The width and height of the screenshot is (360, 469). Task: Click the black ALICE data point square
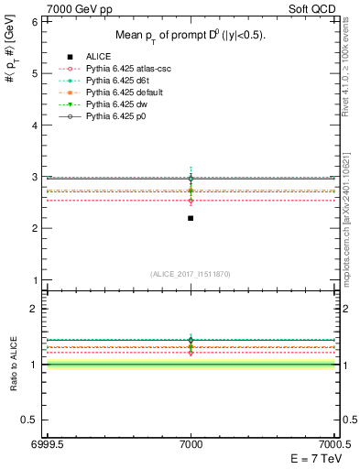(191, 218)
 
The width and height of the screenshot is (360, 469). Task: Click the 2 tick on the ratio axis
(34, 309)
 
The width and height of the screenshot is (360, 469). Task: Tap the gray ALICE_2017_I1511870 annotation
(191, 274)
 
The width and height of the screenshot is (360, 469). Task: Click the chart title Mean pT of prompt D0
(191, 35)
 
